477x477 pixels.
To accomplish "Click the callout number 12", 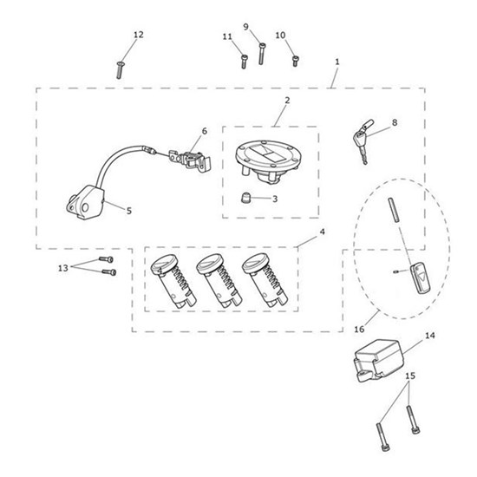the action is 139,35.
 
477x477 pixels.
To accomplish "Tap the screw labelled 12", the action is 120,70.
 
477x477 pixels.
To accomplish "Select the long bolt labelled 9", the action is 262,54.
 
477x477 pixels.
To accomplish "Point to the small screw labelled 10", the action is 295,61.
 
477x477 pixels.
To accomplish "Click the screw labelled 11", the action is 244,62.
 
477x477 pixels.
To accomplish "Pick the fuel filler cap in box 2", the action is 269,161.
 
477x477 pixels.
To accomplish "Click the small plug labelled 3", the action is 245,198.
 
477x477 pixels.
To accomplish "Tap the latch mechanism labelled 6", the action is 190,159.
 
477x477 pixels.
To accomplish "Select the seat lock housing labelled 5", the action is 85,203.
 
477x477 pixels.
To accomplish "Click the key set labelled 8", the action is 363,140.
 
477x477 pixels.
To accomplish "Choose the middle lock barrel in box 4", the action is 219,280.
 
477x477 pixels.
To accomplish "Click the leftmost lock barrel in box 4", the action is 173,281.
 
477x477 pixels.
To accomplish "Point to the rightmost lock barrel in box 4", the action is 265,280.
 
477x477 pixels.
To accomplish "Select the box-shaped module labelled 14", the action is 379,360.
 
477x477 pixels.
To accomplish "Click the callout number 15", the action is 410,376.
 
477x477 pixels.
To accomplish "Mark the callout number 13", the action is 63,268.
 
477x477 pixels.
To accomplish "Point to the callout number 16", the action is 359,330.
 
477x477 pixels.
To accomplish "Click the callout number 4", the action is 322,232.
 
